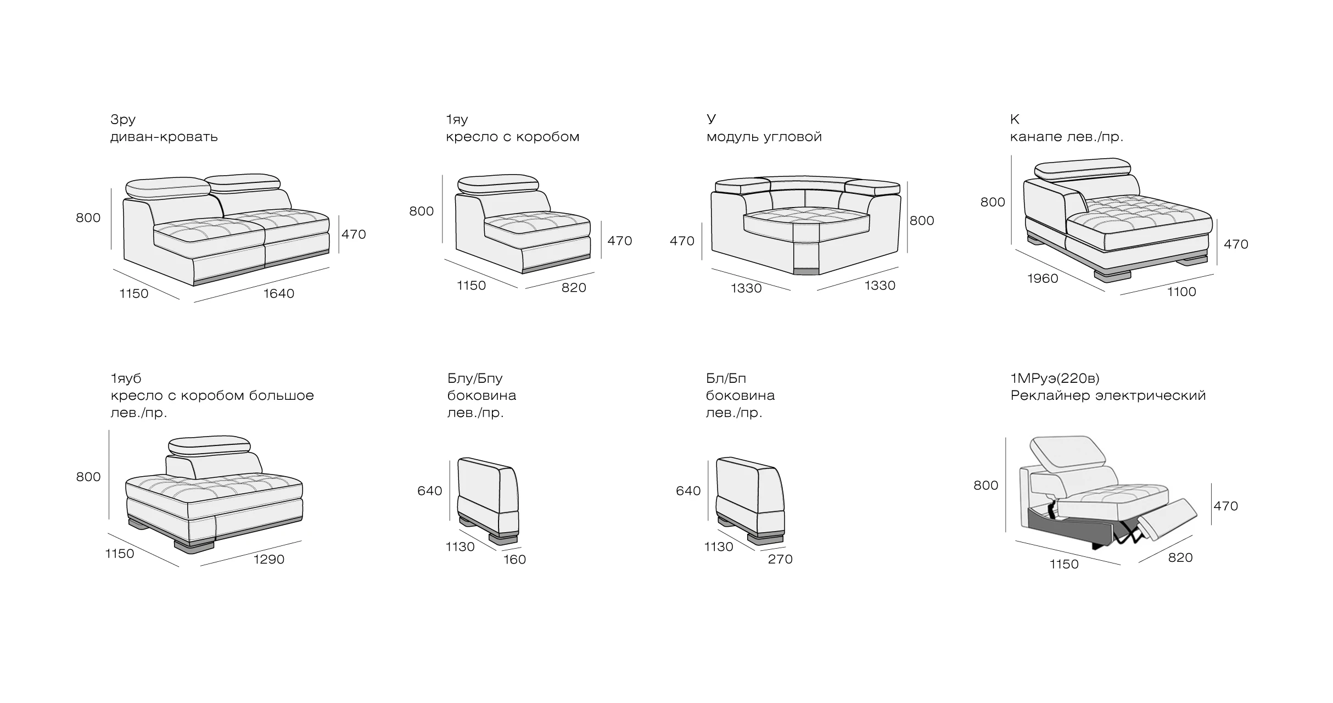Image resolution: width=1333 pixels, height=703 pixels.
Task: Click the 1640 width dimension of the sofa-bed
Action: pyautogui.click(x=279, y=294)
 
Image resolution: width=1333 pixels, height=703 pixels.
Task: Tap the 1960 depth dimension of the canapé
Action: pyautogui.click(x=1043, y=278)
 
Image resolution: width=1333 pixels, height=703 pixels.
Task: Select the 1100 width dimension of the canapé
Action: pyautogui.click(x=1181, y=292)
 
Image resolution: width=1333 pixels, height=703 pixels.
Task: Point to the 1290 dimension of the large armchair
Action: pyautogui.click(x=269, y=560)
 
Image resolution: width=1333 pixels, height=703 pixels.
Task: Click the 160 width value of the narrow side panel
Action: pyautogui.click(x=514, y=560)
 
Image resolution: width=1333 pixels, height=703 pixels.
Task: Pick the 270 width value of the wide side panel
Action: pyautogui.click(x=780, y=559)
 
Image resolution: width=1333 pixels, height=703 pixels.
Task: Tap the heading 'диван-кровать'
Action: pyautogui.click(x=164, y=137)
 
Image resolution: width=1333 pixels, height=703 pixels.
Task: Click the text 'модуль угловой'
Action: pyautogui.click(x=764, y=137)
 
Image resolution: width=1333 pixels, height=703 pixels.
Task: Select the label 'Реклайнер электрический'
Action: pyautogui.click(x=1108, y=395)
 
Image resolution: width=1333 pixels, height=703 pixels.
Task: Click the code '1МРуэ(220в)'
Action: pyautogui.click(x=1055, y=378)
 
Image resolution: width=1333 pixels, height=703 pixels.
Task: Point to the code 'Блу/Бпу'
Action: pyautogui.click(x=475, y=378)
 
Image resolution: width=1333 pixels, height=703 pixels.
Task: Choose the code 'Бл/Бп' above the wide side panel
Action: pyautogui.click(x=726, y=378)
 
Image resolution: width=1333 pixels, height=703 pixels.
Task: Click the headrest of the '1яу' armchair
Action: pyautogui.click(x=497, y=185)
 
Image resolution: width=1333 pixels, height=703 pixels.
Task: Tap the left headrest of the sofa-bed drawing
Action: pyautogui.click(x=169, y=187)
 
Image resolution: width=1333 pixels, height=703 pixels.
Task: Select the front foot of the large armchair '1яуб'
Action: pyautogui.click(x=195, y=546)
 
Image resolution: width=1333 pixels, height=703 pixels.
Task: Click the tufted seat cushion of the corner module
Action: pyautogui.click(x=806, y=221)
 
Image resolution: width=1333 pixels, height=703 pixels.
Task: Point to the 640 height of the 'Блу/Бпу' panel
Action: pyautogui.click(x=429, y=491)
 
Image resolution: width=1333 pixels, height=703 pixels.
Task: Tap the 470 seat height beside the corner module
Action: pyautogui.click(x=682, y=241)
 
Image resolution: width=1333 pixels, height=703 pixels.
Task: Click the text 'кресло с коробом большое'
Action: pyautogui.click(x=212, y=395)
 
